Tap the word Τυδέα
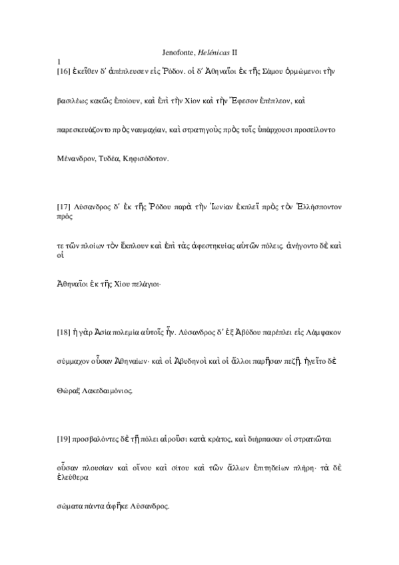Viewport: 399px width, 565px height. pos(109,159)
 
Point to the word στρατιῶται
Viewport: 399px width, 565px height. pos(317,437)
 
